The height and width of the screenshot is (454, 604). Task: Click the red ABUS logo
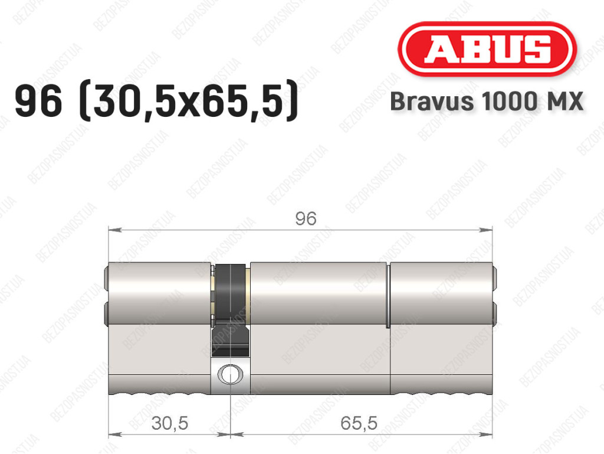tap(487, 49)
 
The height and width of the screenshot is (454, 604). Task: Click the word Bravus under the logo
tap(432, 102)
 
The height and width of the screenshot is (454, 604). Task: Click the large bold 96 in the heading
tap(38, 101)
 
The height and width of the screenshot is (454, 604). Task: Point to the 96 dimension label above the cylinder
tap(306, 218)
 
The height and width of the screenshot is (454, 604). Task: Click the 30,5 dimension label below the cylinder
tap(170, 423)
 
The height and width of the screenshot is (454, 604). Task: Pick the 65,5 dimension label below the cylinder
tap(359, 423)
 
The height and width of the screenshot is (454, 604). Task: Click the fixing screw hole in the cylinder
tap(231, 374)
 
